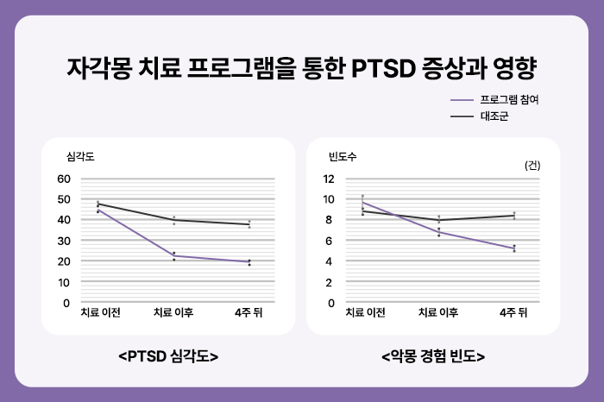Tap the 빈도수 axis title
pos(342,157)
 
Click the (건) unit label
pos(532,166)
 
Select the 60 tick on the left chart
pos(63,179)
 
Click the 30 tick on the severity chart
pos(63,241)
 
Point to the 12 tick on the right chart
pos(328,179)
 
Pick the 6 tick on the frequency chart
pos(330,241)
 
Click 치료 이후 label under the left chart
pos(173,312)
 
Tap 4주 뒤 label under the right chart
pos(513,312)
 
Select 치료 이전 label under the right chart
pos(366,312)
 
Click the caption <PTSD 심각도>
pos(167,355)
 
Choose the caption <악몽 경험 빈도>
pos(432,355)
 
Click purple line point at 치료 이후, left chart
pos(173,255)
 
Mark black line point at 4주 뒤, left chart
pos(249,224)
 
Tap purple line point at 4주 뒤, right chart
pos(514,248)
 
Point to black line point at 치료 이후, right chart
pos(438,220)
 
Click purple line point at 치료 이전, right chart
pos(362,202)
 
